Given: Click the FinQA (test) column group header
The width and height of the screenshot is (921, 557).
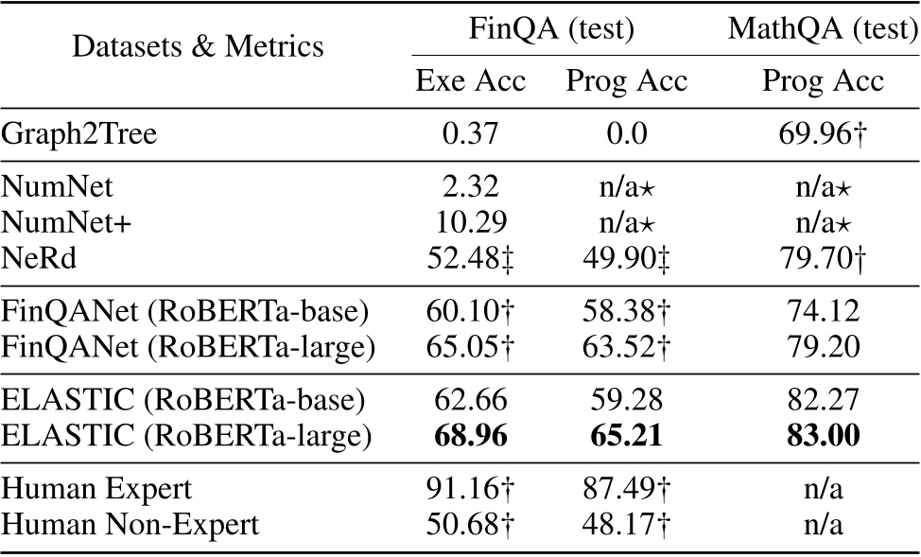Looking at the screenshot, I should coord(550,30).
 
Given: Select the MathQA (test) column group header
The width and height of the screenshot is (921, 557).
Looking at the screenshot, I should coord(823,30).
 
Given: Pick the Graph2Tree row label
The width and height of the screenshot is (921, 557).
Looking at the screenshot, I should coord(79,134).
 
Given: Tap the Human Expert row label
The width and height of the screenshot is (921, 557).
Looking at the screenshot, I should coord(97,490).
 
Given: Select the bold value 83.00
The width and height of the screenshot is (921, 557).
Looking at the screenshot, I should coord(823,438).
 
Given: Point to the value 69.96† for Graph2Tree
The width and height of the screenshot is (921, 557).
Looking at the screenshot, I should coord(823,134).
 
